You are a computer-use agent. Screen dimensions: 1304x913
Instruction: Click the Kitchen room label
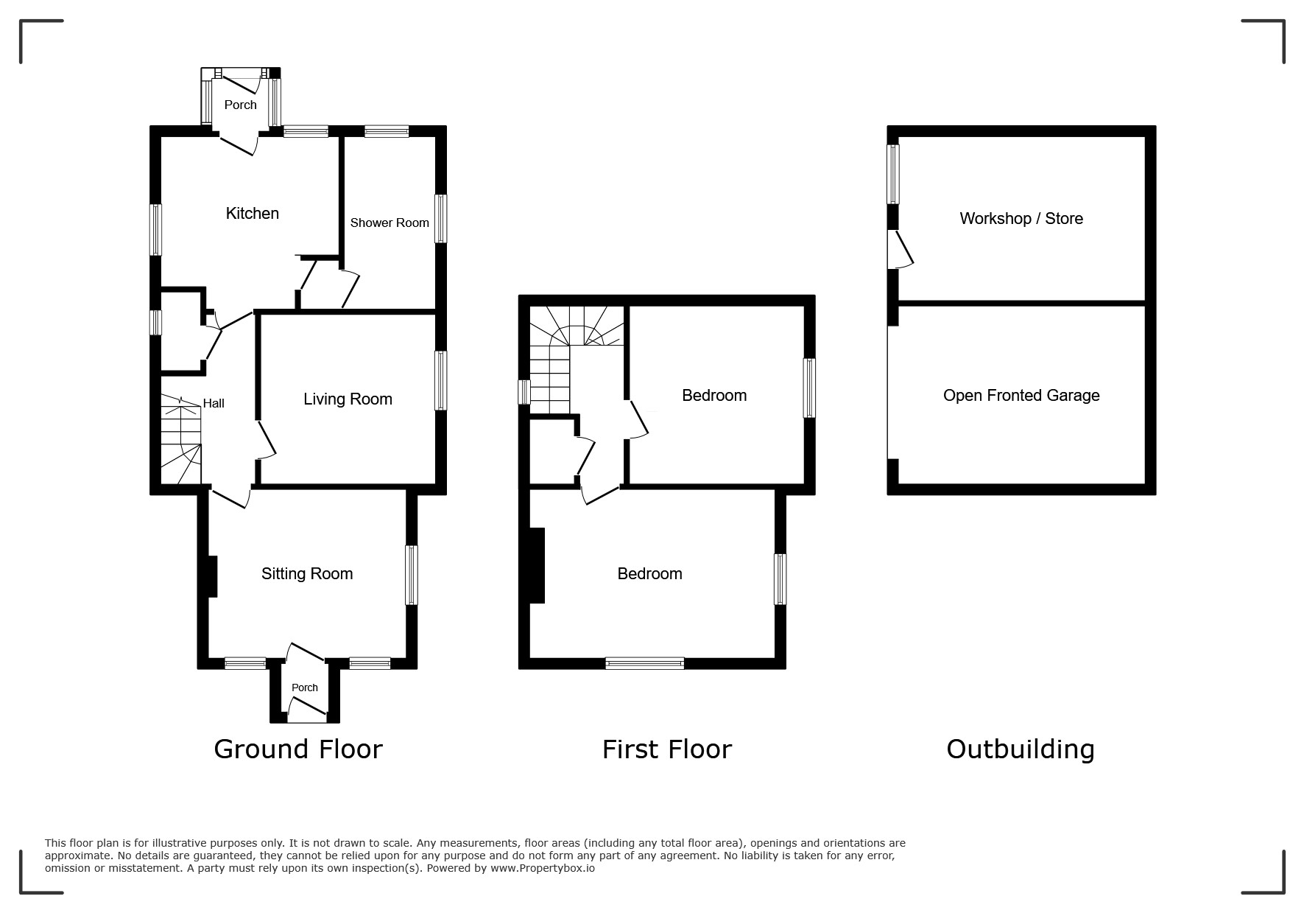tap(252, 214)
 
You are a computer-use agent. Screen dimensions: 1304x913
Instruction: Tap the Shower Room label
tap(390, 223)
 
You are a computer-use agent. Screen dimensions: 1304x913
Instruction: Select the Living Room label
tap(348, 399)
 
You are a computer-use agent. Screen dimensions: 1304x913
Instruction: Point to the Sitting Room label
tap(307, 574)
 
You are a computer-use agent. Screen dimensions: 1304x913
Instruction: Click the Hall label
tap(214, 403)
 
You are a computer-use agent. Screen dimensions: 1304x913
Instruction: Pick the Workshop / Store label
tap(1021, 219)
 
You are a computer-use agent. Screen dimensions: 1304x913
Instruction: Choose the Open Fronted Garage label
tap(1021, 396)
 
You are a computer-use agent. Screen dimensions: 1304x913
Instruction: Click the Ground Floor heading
tap(298, 749)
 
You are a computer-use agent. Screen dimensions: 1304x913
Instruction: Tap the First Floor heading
tap(667, 749)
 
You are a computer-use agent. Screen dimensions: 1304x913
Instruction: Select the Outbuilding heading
tap(1021, 749)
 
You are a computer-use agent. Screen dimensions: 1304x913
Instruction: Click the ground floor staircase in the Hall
tap(181, 440)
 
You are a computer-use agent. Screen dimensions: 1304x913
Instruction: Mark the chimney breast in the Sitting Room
tap(212, 576)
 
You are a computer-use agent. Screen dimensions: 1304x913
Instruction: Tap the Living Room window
tap(440, 380)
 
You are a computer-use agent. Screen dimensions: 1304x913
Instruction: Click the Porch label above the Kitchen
tap(241, 105)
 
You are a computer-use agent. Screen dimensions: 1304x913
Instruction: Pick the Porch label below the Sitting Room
tap(305, 688)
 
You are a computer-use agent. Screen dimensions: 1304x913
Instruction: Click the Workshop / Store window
tap(893, 174)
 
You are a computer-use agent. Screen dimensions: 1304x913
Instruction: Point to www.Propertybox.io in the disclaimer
tap(543, 868)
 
